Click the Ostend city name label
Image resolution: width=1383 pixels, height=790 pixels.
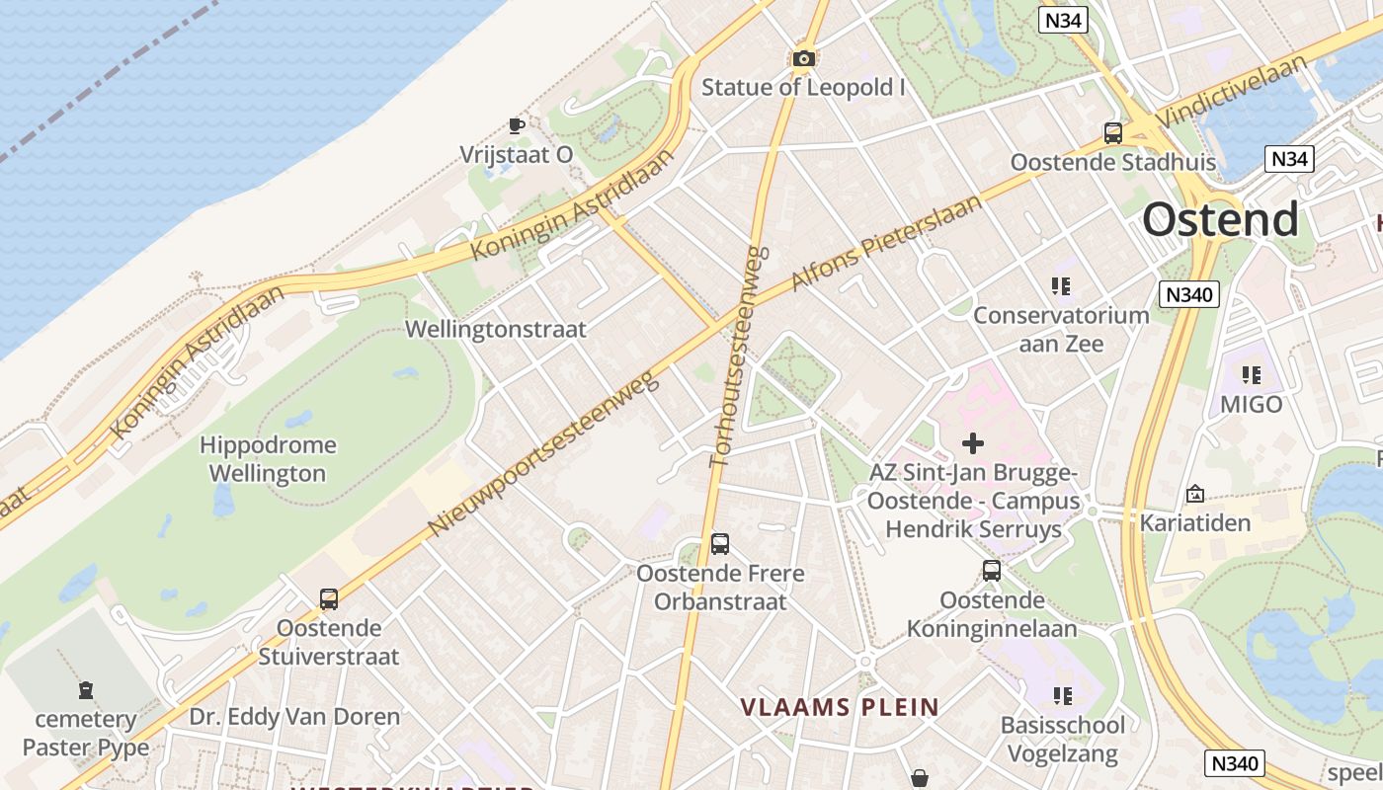click(1220, 219)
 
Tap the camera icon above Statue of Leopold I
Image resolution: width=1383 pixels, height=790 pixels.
click(804, 59)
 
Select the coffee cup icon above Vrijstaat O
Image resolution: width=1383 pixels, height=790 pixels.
click(516, 125)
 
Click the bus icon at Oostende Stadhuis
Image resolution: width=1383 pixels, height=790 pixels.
click(1113, 132)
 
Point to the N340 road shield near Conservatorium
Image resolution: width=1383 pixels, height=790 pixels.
click(1190, 294)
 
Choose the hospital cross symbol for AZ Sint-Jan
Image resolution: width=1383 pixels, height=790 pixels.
click(973, 443)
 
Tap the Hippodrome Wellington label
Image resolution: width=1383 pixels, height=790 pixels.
click(268, 459)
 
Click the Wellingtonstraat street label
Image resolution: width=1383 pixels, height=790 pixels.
click(496, 329)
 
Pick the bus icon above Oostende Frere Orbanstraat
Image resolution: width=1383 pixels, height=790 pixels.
click(720, 544)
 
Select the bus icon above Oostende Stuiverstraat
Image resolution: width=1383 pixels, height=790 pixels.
click(329, 598)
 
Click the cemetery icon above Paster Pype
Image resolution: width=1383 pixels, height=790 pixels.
click(86, 689)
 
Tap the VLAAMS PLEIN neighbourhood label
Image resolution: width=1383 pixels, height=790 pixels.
click(840, 707)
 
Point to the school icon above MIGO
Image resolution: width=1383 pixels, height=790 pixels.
click(1252, 375)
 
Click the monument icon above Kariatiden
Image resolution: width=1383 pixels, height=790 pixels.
click(1195, 494)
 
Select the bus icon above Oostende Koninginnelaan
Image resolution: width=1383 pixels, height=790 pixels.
click(992, 571)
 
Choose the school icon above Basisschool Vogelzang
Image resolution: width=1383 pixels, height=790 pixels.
click(1063, 696)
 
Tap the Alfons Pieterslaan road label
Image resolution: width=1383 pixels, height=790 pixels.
click(887, 243)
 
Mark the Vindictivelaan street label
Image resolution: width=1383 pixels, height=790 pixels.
click(1235, 90)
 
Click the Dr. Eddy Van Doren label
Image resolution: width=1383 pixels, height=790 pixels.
click(294, 717)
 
